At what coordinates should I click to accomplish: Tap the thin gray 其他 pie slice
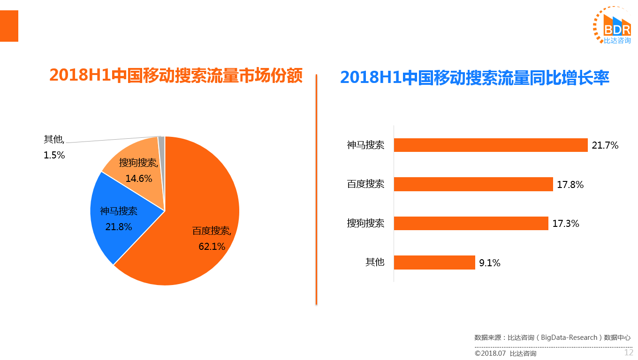[162, 159]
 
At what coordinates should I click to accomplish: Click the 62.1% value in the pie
[212, 247]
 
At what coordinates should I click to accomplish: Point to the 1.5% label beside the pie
[54, 155]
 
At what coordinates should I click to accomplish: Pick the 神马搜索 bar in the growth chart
[491, 145]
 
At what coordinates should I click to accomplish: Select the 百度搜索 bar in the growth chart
[473, 184]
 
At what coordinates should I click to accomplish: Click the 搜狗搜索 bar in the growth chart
[471, 224]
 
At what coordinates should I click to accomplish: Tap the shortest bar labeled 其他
[434, 262]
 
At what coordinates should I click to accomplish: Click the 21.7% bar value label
[605, 145]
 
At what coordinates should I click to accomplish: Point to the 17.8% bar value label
[570, 185]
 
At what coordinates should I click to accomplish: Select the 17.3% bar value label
[566, 224]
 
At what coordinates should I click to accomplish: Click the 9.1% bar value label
[490, 263]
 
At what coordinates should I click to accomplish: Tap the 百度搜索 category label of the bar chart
[365, 184]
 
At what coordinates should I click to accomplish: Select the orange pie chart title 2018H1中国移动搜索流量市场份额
[176, 75]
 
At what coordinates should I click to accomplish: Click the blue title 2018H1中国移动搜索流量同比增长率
[475, 77]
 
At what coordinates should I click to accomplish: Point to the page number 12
[628, 353]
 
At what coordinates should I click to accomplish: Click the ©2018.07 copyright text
[490, 353]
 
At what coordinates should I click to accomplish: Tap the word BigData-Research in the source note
[569, 337]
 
